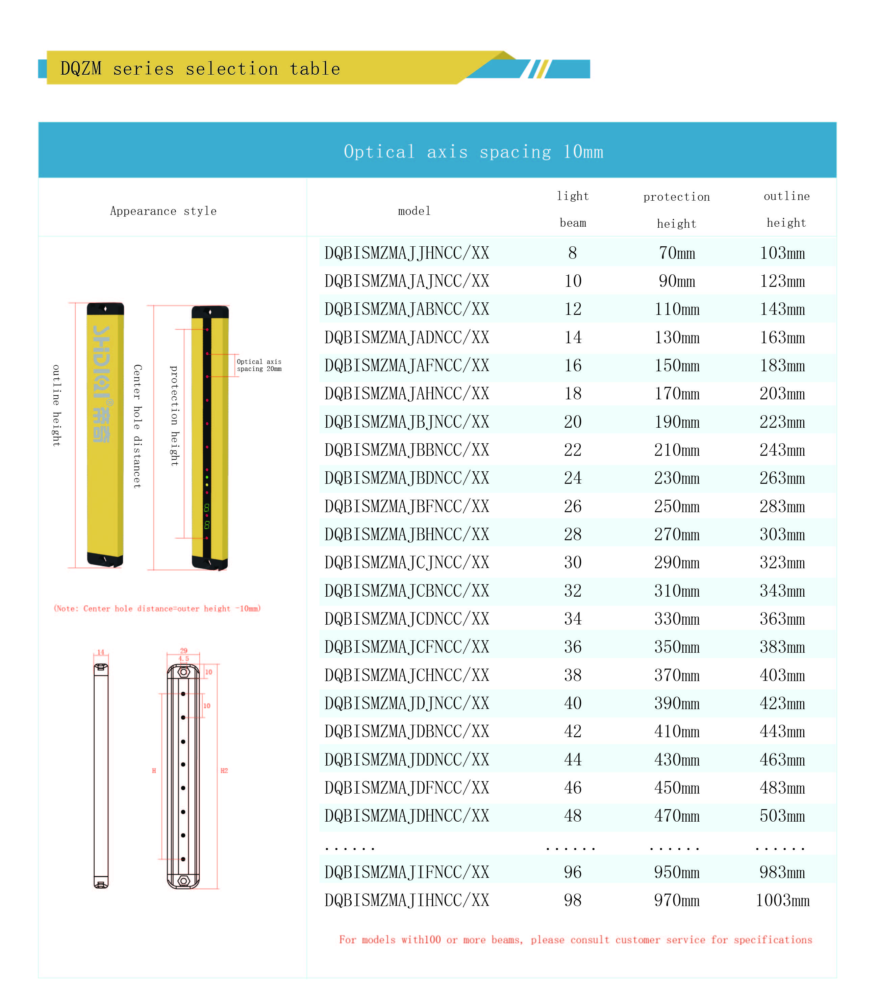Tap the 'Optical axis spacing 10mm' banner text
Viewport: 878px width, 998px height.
473,151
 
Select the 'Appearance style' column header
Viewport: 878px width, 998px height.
163,211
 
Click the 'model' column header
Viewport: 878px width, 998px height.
414,211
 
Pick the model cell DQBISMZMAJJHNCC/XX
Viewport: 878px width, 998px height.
407,253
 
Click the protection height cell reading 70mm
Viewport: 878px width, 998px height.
676,253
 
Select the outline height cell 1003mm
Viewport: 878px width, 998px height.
782,900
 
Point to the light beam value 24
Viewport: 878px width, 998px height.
573,478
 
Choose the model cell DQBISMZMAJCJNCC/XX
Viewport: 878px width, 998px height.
407,563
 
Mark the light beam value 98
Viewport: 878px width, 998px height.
573,900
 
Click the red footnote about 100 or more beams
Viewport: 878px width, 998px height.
575,940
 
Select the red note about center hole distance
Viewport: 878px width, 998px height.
157,608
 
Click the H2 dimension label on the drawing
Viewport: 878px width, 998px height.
224,771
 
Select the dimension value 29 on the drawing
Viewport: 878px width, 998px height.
184,650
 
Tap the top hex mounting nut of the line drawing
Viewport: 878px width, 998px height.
184,672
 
